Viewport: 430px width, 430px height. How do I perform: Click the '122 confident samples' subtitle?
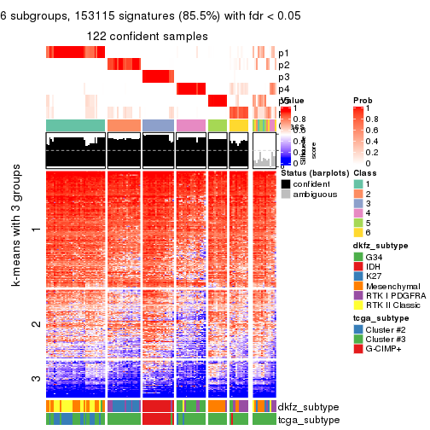click(147, 37)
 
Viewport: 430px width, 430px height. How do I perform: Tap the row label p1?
click(284, 53)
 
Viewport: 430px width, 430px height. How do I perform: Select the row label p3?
click(284, 77)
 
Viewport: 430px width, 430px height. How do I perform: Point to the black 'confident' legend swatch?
click(287, 183)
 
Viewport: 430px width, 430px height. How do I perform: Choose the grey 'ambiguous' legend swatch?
click(287, 195)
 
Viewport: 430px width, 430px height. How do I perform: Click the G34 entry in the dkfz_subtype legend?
click(358, 259)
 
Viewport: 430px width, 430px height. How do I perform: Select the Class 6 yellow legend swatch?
click(358, 231)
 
